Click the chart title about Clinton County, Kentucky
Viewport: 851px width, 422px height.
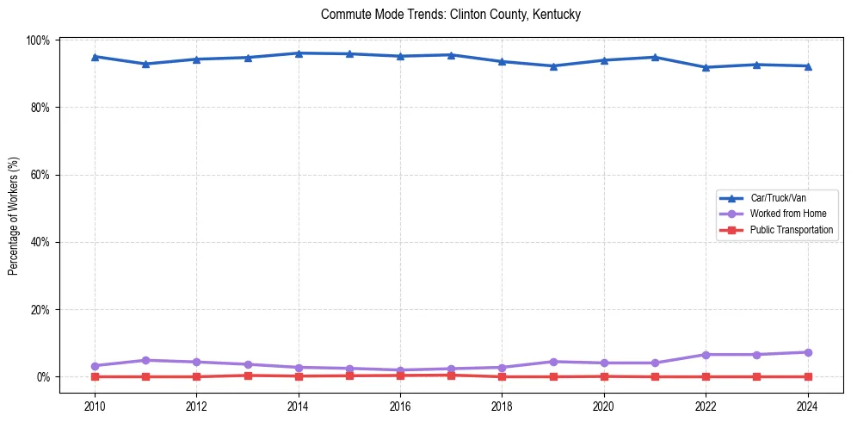tap(451, 15)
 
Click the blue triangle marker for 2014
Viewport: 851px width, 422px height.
tap(299, 53)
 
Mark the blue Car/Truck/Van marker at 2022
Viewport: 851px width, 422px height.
tap(706, 67)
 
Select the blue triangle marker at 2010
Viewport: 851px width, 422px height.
tap(95, 57)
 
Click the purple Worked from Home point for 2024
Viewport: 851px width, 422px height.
tap(807, 352)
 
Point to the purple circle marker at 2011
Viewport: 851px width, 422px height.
tap(145, 360)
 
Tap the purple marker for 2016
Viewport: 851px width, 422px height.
tap(400, 370)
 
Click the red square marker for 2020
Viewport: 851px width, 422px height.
tap(604, 376)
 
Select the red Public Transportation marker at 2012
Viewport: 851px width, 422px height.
tap(196, 376)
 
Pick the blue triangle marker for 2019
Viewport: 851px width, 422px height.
tap(553, 66)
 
